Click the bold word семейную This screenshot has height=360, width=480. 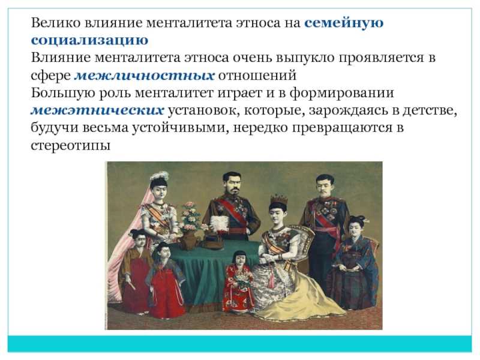344,23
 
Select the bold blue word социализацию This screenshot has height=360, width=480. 89,40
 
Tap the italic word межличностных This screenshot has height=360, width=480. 145,76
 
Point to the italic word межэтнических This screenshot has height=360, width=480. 97,110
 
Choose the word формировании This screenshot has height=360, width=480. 341,93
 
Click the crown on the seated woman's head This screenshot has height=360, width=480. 278,200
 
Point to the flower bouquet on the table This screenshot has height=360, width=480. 190,216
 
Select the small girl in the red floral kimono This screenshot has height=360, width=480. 238,281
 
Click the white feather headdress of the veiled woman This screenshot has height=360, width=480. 159,176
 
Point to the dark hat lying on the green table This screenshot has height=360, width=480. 213,241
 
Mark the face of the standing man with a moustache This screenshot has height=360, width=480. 325,185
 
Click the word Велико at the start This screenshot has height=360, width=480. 56,23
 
